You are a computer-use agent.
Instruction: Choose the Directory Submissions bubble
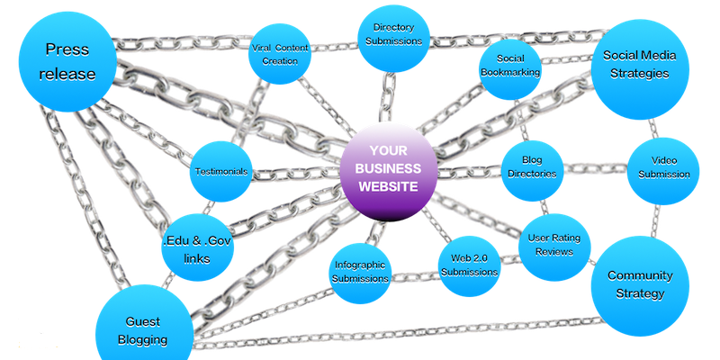point(397,34)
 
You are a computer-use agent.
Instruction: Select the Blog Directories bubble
point(531,167)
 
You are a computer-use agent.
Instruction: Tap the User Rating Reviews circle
point(554,244)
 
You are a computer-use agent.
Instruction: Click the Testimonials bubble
point(221,171)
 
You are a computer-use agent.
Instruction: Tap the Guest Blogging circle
point(143,328)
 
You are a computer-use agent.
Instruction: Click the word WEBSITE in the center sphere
point(389,187)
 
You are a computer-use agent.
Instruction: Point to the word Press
point(67,50)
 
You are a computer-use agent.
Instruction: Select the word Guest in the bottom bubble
point(143,320)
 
